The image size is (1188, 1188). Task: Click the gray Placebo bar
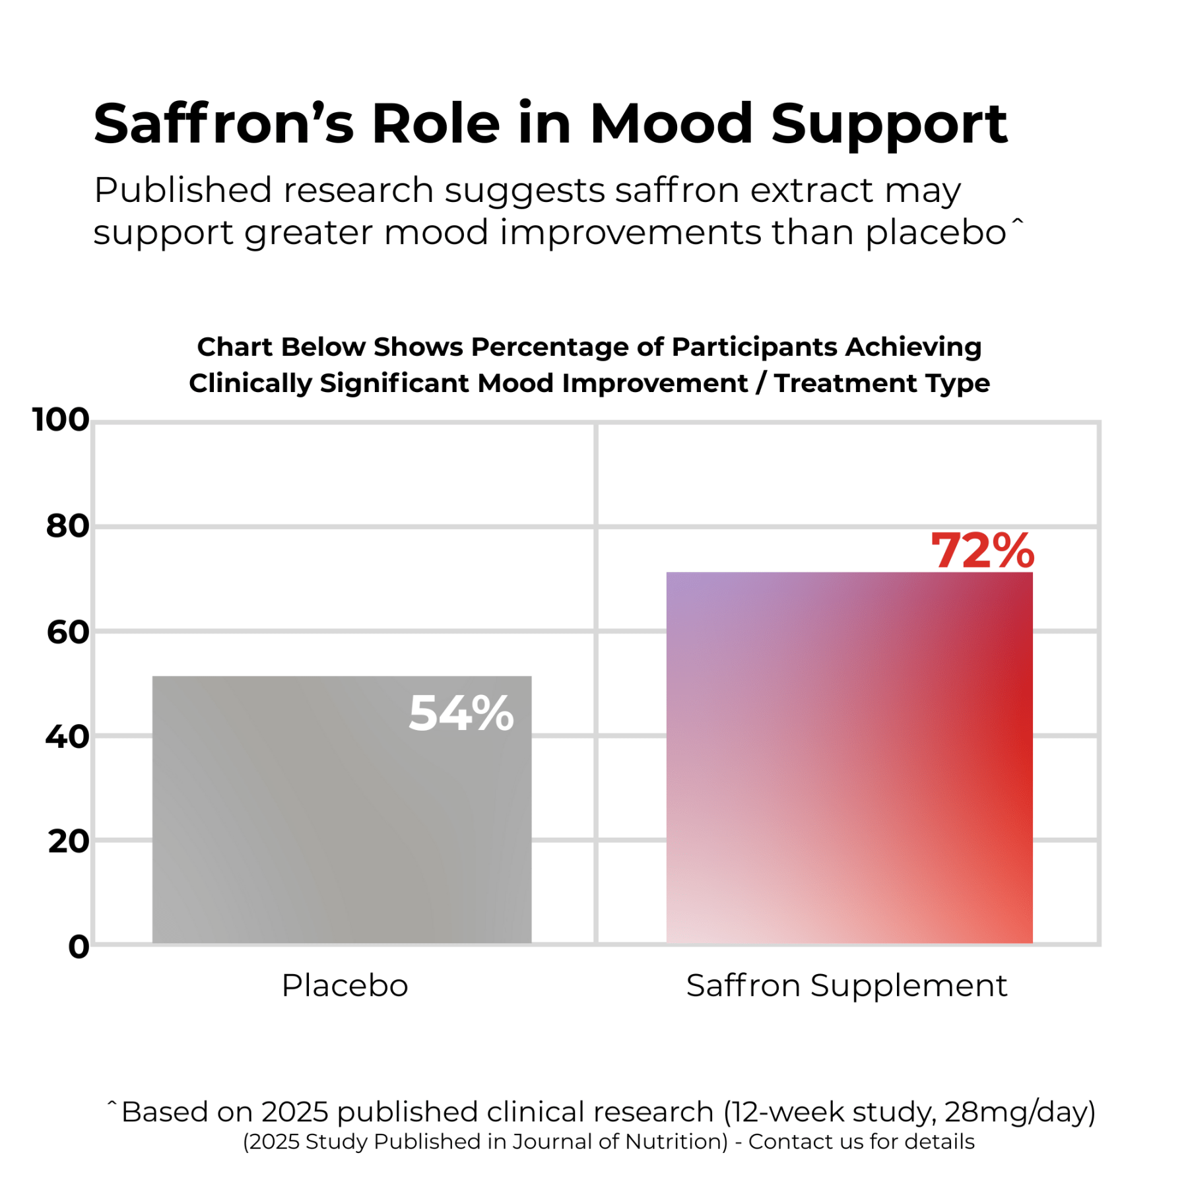point(341,825)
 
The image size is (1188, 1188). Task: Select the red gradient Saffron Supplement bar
point(849,759)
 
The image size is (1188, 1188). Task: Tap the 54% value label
point(461,713)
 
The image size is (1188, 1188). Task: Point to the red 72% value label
point(981,551)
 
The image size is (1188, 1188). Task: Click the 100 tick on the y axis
point(61,420)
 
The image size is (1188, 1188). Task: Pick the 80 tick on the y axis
point(67,526)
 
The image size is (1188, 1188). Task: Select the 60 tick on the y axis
point(67,632)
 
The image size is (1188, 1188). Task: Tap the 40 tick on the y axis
point(67,737)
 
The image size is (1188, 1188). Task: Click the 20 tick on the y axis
point(68,841)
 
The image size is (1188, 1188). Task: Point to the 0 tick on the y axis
point(79,946)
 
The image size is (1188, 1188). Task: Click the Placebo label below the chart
point(345,986)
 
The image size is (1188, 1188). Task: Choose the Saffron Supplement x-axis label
point(846,986)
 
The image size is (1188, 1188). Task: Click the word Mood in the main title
point(671,124)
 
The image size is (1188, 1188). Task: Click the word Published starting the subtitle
point(183,191)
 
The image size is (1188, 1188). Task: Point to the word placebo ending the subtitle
point(935,232)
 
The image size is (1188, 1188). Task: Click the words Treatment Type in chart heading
point(882,383)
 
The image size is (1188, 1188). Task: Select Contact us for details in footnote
point(861,1142)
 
